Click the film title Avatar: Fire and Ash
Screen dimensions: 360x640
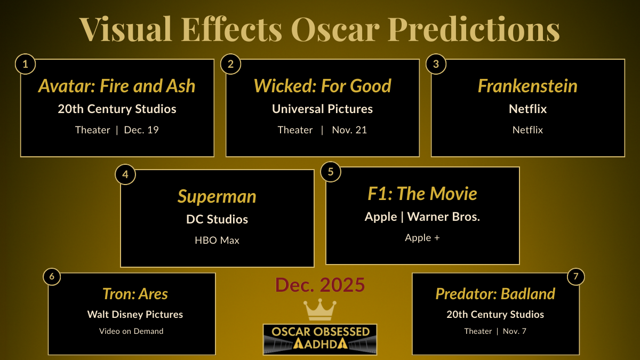coord(117,86)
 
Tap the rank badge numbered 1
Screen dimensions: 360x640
coord(25,65)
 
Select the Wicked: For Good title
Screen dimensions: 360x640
coord(322,86)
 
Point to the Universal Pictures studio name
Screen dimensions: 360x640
coord(322,109)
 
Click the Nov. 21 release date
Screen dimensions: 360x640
coord(349,130)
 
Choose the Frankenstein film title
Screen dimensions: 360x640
coord(527,86)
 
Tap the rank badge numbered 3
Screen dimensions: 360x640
coord(436,65)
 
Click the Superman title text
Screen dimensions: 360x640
coord(217,196)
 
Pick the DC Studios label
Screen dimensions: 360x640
coord(217,219)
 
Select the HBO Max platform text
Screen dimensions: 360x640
coord(217,240)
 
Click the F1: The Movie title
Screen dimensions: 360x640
coord(422,194)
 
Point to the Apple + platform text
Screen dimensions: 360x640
coord(422,238)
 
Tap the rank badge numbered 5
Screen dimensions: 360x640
coord(331,172)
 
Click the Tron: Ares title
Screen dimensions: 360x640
coord(135,294)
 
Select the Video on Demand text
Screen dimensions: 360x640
coord(131,331)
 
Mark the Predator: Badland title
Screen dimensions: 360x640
coord(495,294)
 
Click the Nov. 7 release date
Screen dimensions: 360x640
coord(514,331)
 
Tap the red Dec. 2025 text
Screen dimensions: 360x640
coord(320,285)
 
